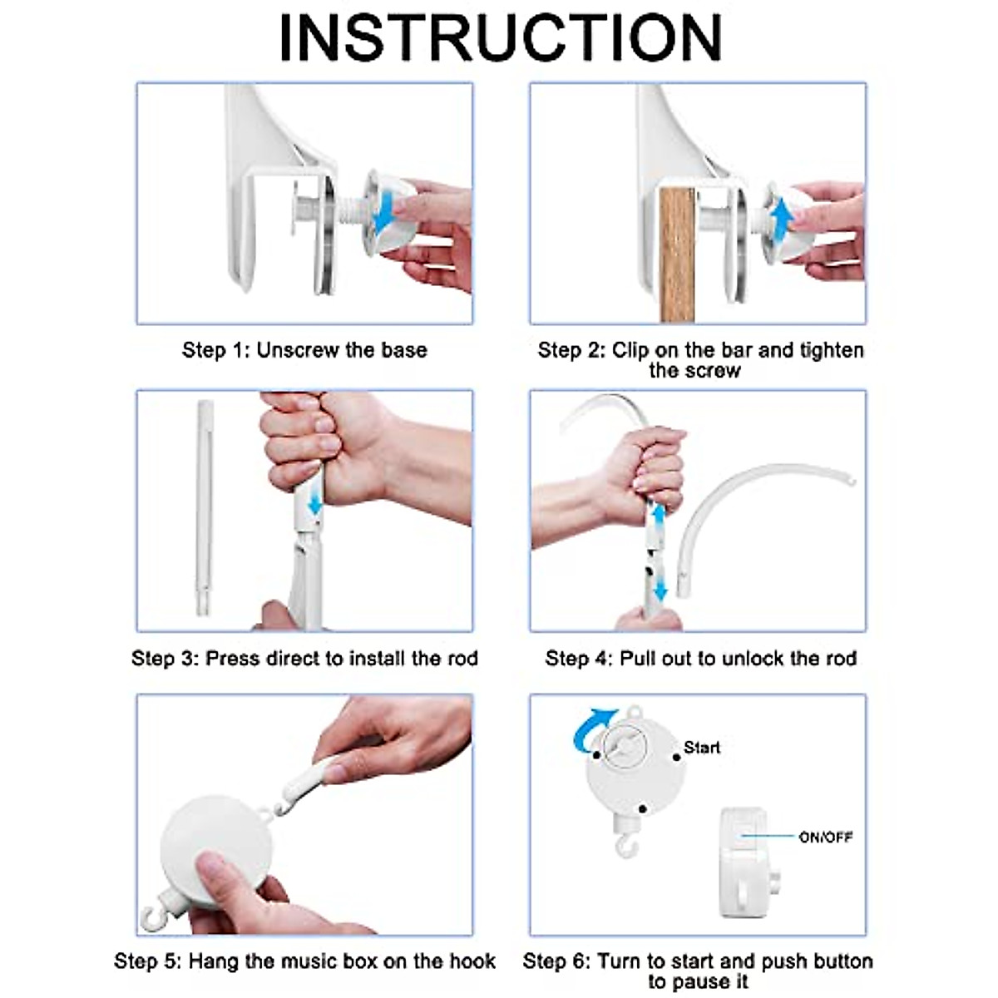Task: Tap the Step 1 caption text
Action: [304, 350]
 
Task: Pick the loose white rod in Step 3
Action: [204, 507]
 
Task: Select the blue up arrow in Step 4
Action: [658, 518]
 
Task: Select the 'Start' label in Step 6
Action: [702, 748]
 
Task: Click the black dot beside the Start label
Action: [676, 757]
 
